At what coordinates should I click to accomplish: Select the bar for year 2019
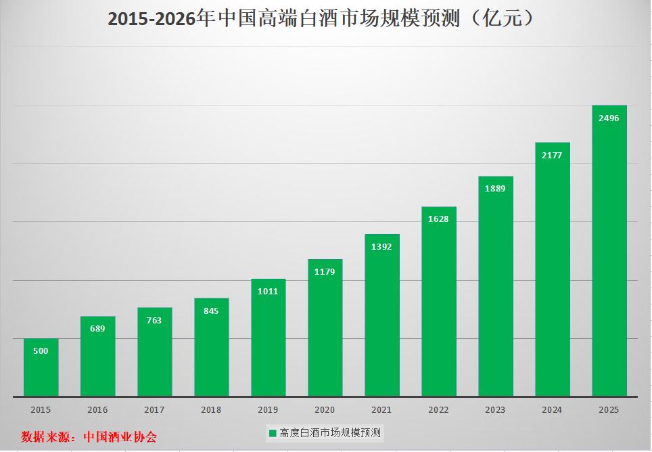point(268,338)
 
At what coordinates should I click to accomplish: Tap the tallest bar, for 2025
point(609,250)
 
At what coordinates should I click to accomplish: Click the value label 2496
point(609,118)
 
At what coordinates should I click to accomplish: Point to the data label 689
point(97,329)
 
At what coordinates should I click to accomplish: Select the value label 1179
point(325,272)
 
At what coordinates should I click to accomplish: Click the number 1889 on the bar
point(495,189)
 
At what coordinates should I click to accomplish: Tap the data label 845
point(211,311)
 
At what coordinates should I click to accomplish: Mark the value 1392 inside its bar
point(381,247)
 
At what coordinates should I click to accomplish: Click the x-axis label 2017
point(154,409)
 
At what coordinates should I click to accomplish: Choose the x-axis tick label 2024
point(552,409)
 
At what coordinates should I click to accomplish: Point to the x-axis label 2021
point(381,409)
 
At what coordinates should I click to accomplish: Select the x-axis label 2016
point(97,409)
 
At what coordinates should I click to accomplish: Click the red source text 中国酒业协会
point(120,437)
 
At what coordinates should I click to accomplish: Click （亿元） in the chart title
point(504,19)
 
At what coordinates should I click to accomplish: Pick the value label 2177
point(552,155)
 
